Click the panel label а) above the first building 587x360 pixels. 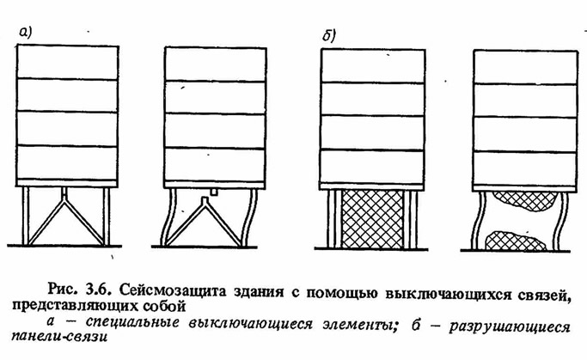point(26,32)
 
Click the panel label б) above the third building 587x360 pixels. point(329,35)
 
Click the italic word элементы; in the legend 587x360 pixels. point(359,324)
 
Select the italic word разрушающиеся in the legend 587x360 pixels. point(510,326)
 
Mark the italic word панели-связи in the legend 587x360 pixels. point(60,336)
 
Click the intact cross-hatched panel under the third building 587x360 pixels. point(373,219)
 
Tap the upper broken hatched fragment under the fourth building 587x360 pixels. point(524,201)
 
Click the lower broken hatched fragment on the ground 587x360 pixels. point(516,241)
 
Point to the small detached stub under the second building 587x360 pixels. point(214,192)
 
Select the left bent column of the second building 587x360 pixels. point(168,217)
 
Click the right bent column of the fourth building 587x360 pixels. point(560,221)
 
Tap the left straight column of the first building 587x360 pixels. point(25,216)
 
